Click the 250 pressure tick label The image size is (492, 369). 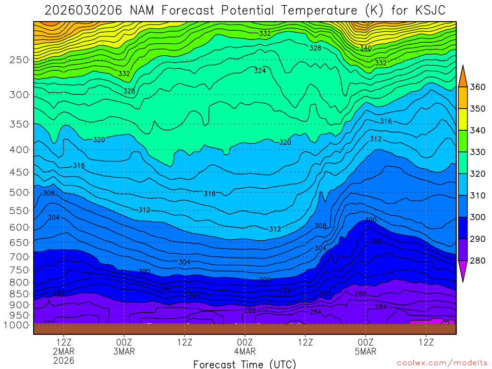19,60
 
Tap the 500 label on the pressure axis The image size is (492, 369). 19,192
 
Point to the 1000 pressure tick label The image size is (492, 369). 16,325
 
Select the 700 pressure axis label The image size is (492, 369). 19,257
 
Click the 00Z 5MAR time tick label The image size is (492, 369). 366,347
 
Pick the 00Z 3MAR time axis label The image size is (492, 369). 124,347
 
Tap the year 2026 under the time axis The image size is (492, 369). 64,360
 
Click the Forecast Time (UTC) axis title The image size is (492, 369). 245,364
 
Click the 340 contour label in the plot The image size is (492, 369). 366,48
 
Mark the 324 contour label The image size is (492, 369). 260,71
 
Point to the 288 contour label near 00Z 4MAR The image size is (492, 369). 250,310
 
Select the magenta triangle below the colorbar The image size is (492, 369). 463,272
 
